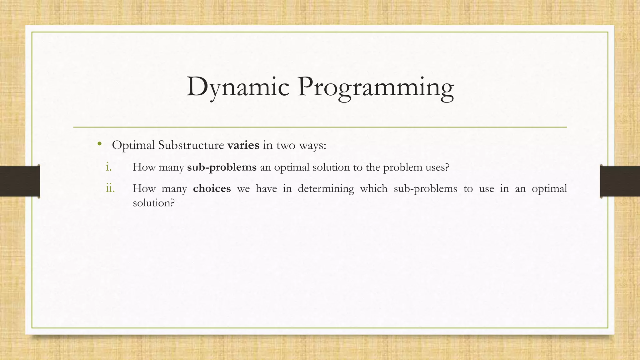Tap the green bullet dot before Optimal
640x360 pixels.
click(x=99, y=144)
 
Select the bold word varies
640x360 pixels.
click(x=243, y=145)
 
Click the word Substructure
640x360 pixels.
click(x=191, y=145)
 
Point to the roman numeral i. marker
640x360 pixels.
click(x=108, y=167)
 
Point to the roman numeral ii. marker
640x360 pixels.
click(x=110, y=188)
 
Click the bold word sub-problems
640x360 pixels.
click(x=222, y=167)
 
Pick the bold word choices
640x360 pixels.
click(x=212, y=188)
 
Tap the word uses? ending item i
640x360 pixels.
click(x=437, y=167)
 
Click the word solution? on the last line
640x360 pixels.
click(x=153, y=203)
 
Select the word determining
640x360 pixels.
click(x=326, y=188)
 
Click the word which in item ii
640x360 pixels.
click(x=374, y=188)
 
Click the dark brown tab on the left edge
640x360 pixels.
click(x=20, y=181)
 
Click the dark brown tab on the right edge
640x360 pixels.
click(x=620, y=181)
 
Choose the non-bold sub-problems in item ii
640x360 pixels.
click(x=425, y=188)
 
